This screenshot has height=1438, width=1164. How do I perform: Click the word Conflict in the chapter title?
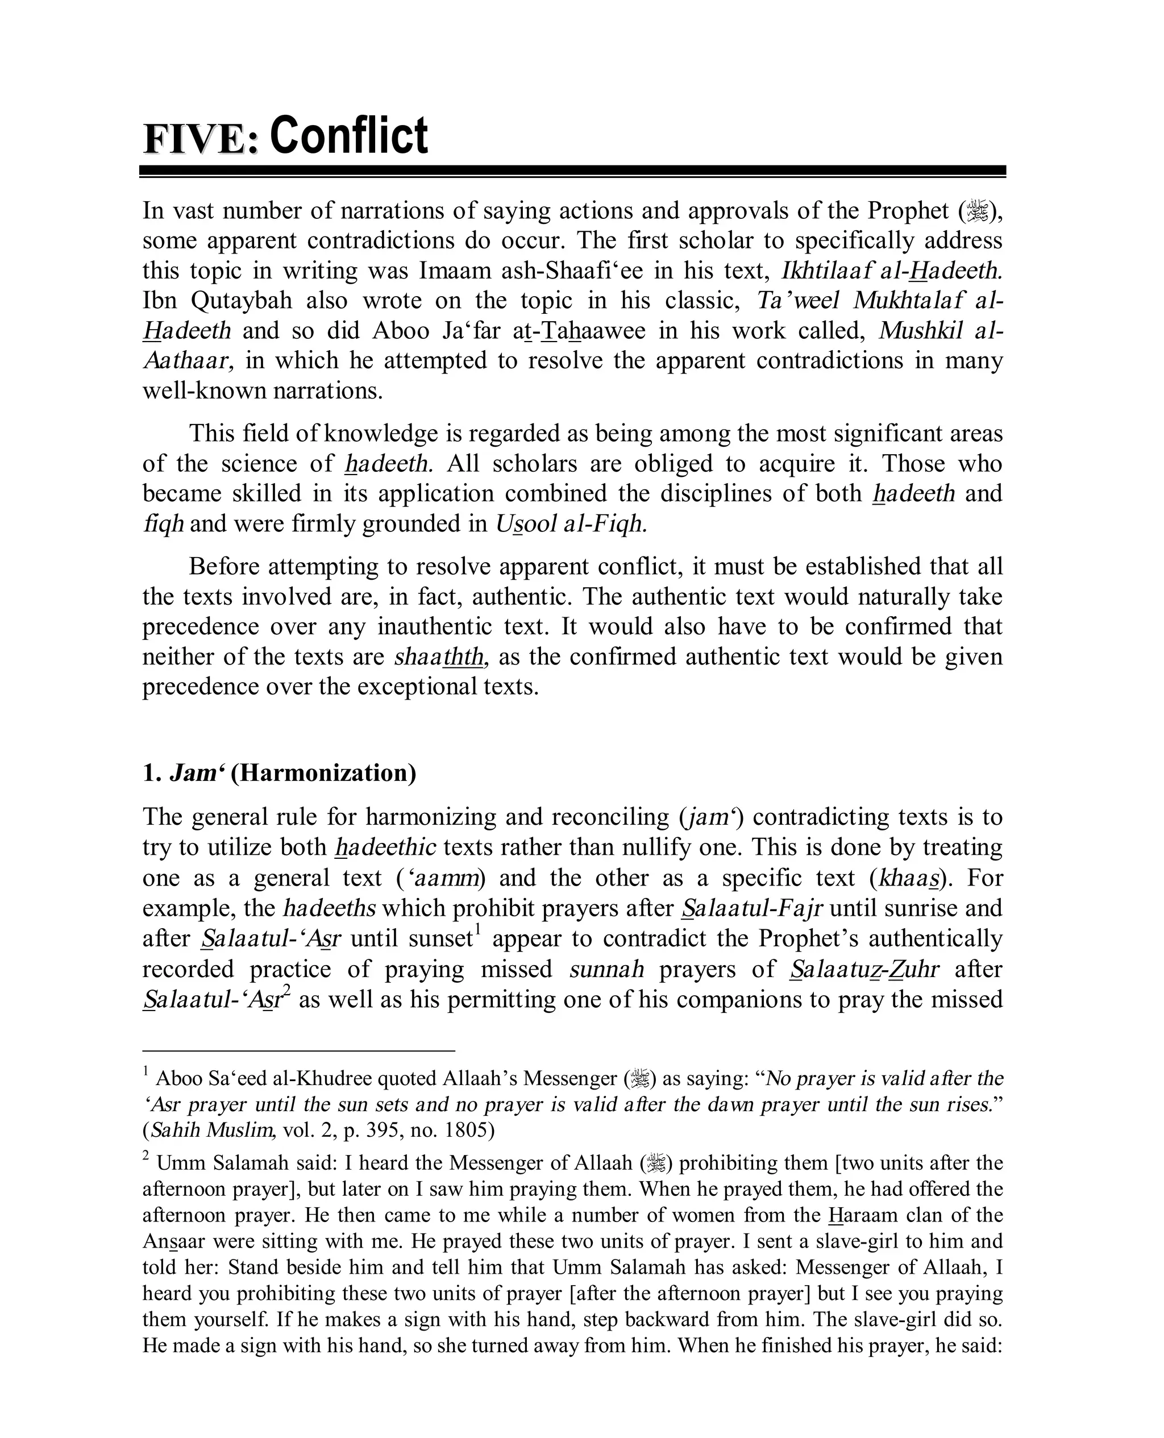point(348,136)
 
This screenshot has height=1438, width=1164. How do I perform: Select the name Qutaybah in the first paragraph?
point(242,300)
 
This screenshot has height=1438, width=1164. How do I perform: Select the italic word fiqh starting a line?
point(163,523)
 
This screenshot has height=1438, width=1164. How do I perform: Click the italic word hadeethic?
point(385,847)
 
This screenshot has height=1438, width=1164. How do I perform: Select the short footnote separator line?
point(298,1051)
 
